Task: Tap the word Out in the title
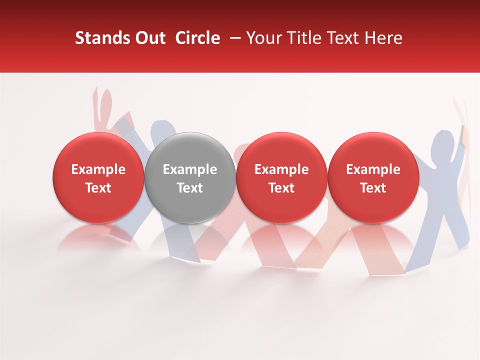pos(149,38)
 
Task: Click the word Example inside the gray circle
pos(190,169)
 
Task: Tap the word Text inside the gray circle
pos(190,188)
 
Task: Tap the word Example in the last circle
pos(373,169)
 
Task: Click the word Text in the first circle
pos(98,188)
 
